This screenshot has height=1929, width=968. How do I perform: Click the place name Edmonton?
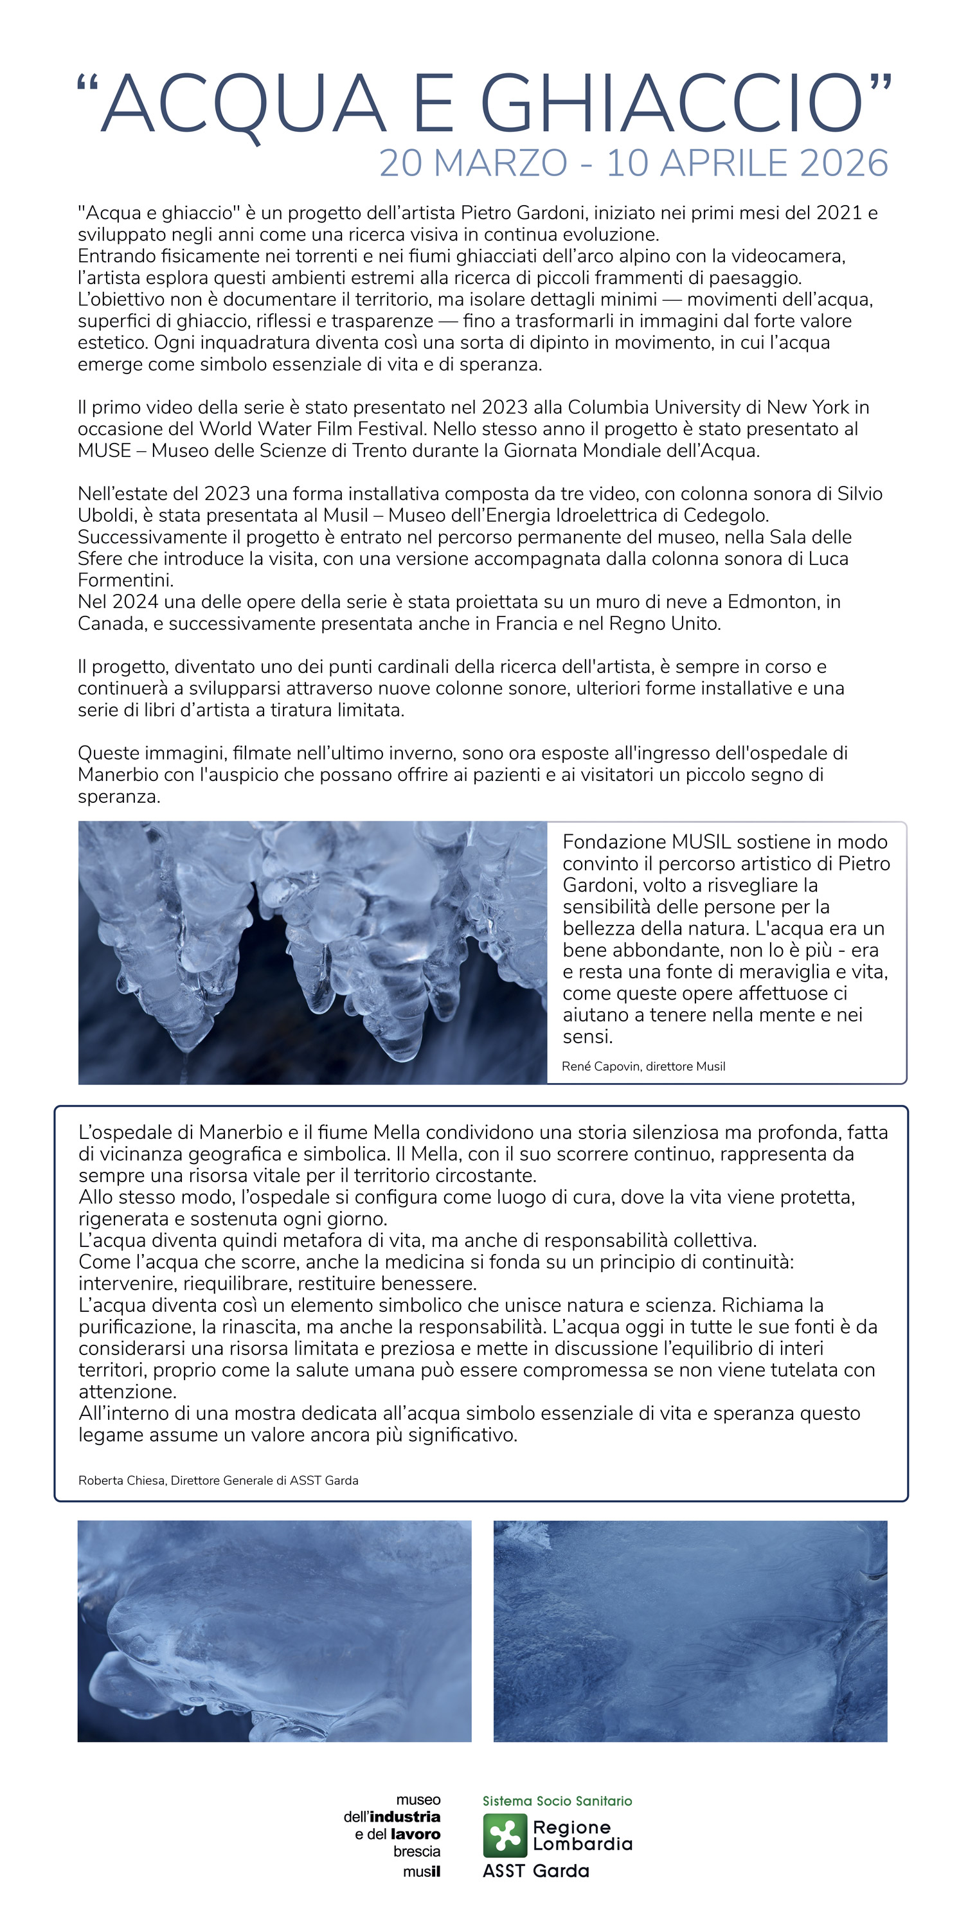(x=773, y=602)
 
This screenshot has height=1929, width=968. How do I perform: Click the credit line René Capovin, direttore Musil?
(x=643, y=1066)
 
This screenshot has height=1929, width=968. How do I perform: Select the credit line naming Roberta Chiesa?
(x=218, y=1480)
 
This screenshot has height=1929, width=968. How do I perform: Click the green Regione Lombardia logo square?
(x=505, y=1835)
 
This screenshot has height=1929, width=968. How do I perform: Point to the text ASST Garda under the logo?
(x=536, y=1871)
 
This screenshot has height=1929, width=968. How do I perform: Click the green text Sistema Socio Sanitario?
(x=557, y=1801)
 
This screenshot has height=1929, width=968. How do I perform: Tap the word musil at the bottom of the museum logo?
(x=422, y=1871)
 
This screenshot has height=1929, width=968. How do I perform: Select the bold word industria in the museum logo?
(x=405, y=1817)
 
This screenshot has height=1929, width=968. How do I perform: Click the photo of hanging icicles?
(x=312, y=953)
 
